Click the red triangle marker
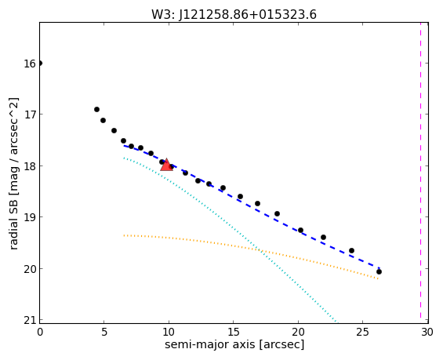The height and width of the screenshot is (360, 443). click(x=166, y=165)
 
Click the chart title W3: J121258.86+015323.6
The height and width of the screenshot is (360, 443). click(x=234, y=15)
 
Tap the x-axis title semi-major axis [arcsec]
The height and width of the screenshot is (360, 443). click(x=234, y=344)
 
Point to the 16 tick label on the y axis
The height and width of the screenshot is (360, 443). click(x=29, y=64)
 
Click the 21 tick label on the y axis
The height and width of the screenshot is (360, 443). click(x=29, y=321)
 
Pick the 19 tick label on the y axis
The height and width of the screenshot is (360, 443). click(x=29, y=217)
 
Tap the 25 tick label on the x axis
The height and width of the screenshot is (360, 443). click(x=362, y=332)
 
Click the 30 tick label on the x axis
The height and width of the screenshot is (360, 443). click(x=427, y=332)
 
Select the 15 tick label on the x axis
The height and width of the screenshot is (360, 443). click(x=234, y=332)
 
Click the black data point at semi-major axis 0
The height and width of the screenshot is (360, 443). click(x=40, y=63)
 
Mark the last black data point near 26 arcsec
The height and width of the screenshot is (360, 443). click(x=379, y=271)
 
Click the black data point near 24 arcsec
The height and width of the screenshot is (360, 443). click(x=351, y=250)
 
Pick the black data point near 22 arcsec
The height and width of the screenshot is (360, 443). click(x=323, y=237)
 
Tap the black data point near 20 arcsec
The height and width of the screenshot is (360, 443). click(x=300, y=230)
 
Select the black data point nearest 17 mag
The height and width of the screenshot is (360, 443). click(x=96, y=109)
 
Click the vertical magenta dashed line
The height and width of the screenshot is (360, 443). click(x=420, y=173)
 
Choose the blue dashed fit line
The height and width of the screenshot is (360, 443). click(x=252, y=205)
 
